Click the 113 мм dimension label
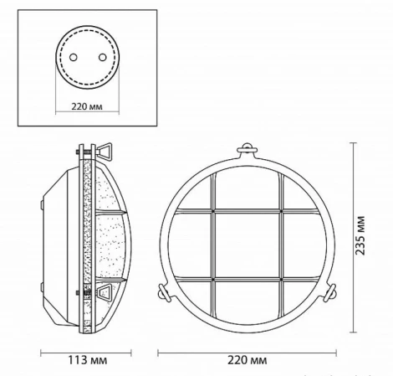(x=87, y=360)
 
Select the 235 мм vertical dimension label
(x=360, y=235)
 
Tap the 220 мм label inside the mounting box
(x=87, y=106)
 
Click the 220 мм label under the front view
(x=247, y=360)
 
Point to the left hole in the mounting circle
(x=74, y=57)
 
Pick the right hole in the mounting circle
(x=102, y=57)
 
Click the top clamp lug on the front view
(x=247, y=149)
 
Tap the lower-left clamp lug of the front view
(x=163, y=292)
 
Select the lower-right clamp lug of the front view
(x=330, y=292)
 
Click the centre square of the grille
(x=247, y=245)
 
